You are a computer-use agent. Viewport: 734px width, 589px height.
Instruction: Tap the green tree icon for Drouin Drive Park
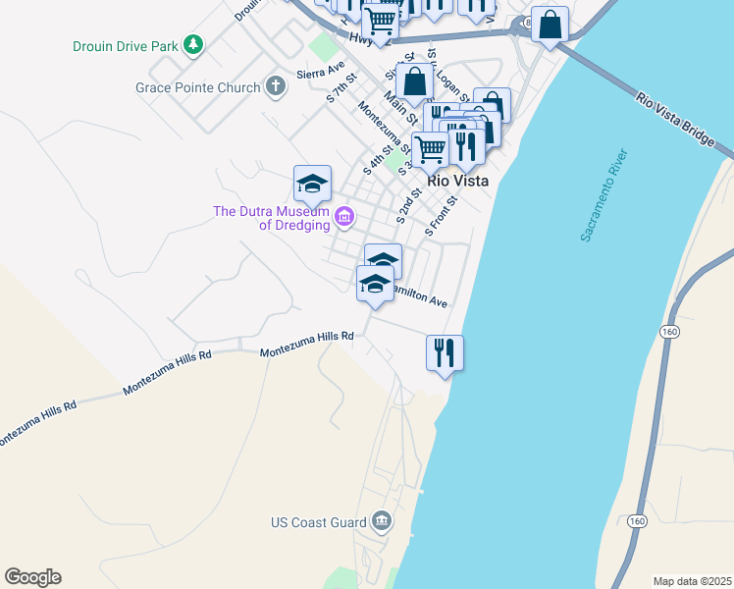(194, 44)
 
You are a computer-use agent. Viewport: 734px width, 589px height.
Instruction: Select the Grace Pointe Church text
(197, 87)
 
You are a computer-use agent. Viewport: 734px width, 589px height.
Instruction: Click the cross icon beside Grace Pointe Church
(276, 87)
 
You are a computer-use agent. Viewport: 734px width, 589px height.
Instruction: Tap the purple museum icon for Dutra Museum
(344, 216)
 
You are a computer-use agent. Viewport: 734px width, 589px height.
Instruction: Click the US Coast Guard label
(318, 522)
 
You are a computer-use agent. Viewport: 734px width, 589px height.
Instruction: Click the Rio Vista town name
(457, 182)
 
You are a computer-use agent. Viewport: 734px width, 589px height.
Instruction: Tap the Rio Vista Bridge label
(676, 121)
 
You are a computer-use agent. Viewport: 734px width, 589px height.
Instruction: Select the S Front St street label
(442, 216)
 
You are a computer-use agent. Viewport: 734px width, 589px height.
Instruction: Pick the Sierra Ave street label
(322, 73)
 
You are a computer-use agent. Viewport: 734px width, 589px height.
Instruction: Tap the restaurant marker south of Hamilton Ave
(445, 351)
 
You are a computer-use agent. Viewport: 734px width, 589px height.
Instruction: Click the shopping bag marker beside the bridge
(550, 25)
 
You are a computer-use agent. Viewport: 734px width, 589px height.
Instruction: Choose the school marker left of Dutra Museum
(312, 183)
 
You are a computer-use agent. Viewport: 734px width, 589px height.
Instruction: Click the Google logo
(32, 577)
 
